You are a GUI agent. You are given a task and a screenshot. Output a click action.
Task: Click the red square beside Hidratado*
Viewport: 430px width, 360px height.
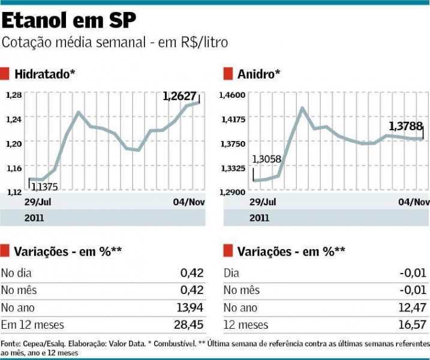[x=5, y=74]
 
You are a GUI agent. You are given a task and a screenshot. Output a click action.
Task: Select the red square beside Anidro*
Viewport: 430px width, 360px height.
[x=228, y=74]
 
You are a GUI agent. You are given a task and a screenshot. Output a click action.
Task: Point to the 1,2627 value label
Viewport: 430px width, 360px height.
[x=180, y=95]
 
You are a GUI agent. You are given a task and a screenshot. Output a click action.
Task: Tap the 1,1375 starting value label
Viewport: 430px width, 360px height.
[x=44, y=187]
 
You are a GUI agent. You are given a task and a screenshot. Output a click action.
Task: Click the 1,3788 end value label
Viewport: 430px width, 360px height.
[x=405, y=126]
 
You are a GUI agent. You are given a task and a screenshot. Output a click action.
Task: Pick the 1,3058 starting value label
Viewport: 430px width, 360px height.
[x=266, y=159]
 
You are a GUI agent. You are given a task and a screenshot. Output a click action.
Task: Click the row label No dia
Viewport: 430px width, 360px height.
[x=16, y=273]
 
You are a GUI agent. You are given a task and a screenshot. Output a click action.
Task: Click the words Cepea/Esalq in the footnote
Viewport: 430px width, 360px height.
[x=41, y=344]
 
